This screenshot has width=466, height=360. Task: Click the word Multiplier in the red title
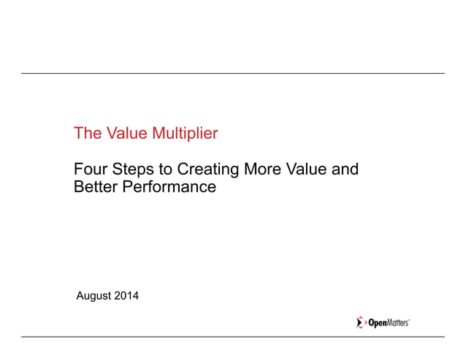[184, 134]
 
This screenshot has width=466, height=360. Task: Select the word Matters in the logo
[397, 323]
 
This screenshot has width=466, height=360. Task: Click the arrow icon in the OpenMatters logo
[360, 323]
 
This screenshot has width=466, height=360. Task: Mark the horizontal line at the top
[232, 74]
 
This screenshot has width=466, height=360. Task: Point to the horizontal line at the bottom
[232, 337]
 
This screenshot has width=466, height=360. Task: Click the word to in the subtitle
[167, 171]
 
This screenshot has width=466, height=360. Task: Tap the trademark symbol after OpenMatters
[409, 320]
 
